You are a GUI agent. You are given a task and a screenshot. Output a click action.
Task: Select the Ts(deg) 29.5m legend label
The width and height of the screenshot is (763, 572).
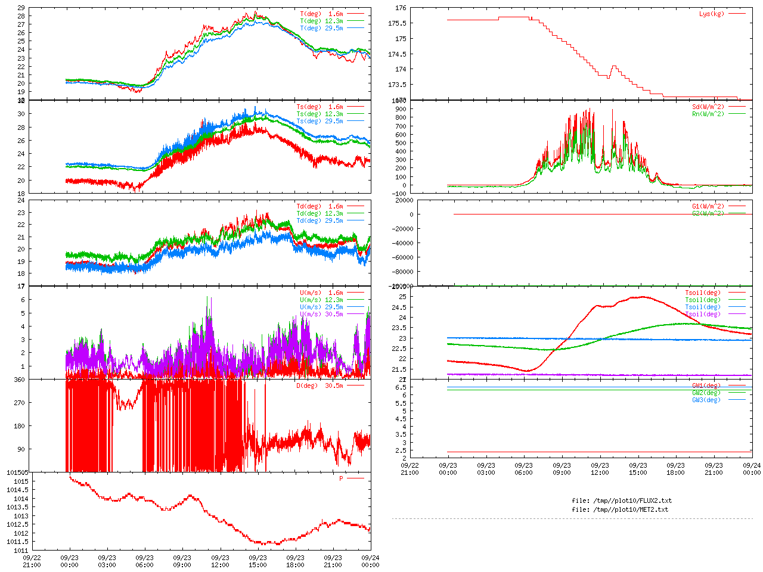pyautogui.click(x=320, y=121)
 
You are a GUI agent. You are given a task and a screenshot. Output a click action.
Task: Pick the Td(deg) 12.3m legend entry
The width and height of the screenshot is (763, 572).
pyautogui.click(x=320, y=213)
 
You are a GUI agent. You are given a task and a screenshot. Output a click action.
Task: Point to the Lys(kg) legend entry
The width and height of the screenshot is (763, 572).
pyautogui.click(x=712, y=14)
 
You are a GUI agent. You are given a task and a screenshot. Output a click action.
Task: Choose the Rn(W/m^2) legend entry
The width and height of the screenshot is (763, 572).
pyautogui.click(x=708, y=114)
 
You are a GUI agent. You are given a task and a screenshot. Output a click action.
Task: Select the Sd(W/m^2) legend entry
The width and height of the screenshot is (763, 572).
pyautogui.click(x=708, y=107)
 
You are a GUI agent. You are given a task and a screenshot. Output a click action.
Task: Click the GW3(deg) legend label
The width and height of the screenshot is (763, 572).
pyautogui.click(x=706, y=400)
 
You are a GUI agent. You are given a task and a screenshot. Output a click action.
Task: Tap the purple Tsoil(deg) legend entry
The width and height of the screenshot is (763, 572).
pyautogui.click(x=703, y=314)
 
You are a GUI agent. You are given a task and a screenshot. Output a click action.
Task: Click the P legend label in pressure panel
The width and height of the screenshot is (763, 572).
pyautogui.click(x=342, y=478)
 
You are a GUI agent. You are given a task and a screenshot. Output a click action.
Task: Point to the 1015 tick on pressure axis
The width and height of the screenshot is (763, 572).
pyautogui.click(x=21, y=481)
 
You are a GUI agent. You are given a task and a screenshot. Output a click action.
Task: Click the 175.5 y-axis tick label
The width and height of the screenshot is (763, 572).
pyautogui.click(x=397, y=23)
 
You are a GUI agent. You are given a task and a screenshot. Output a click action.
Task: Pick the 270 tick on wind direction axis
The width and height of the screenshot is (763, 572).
pyautogui.click(x=20, y=403)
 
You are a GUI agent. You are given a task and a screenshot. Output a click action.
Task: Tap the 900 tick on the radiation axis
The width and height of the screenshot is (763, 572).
pyautogui.click(x=400, y=109)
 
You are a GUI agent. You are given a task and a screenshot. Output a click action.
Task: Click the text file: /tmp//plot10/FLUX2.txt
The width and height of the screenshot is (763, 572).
pyautogui.click(x=621, y=500)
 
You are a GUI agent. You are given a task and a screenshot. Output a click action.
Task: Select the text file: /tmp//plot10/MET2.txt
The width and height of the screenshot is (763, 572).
pyautogui.click(x=620, y=509)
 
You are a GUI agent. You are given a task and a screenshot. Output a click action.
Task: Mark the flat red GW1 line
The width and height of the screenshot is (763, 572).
pyautogui.click(x=596, y=452)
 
